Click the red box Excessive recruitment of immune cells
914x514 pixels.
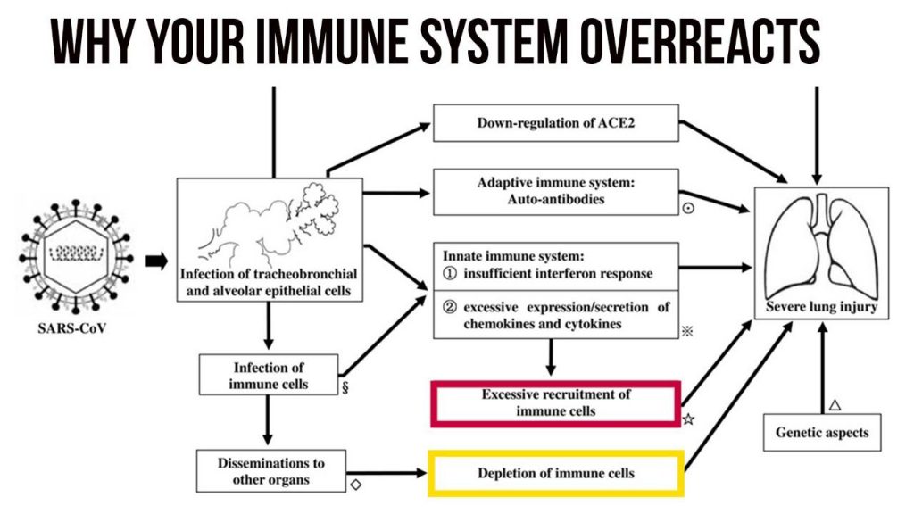555,402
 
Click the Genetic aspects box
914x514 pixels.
821,433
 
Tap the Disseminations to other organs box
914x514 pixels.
270,470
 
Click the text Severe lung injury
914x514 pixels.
821,308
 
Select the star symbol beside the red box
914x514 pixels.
688,419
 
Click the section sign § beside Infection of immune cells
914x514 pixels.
345,389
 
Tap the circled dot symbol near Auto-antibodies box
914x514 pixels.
688,208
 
